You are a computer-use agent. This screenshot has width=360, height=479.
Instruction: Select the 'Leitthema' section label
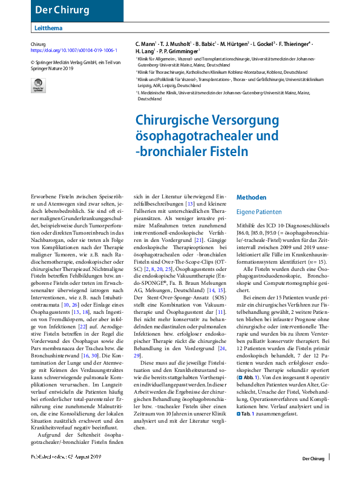point(48,29)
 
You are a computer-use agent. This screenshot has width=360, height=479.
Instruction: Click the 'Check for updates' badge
point(38,85)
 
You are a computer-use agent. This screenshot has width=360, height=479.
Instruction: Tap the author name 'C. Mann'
point(146,45)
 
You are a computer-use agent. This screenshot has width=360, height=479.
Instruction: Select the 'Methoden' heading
point(250,198)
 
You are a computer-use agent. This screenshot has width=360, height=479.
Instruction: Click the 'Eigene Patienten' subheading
point(259,213)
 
